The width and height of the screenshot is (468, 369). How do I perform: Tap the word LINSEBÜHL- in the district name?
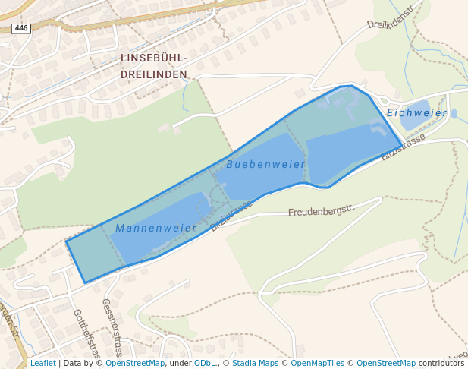coord(154,58)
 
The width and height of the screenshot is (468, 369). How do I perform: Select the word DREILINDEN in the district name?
coord(154,74)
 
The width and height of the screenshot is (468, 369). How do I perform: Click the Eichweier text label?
coord(416,112)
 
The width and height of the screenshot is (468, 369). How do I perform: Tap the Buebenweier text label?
coord(265,164)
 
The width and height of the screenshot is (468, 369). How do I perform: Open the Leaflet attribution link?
coord(42,363)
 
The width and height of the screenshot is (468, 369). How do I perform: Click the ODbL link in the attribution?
coord(205,363)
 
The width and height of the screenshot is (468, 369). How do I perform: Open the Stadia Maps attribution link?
coord(255,363)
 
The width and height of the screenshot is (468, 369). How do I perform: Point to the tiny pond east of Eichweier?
coord(454,113)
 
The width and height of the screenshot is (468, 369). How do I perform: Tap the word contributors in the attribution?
coord(441,363)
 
